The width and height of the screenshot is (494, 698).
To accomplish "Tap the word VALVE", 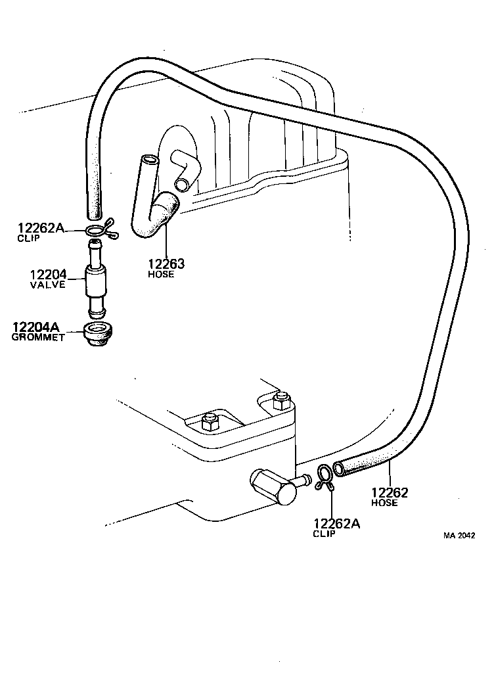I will (x=47, y=285).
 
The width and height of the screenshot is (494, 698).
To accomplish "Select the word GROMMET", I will (x=37, y=337).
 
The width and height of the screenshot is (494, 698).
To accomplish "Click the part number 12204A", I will (x=39, y=327).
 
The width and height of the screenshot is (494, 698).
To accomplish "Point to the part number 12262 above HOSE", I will (x=390, y=492).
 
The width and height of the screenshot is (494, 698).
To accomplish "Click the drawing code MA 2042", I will (x=459, y=535).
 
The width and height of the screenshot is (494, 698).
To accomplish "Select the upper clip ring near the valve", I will (x=97, y=229).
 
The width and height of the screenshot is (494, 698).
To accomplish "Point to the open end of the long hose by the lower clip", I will (x=339, y=469).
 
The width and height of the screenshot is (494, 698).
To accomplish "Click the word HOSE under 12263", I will (x=161, y=274).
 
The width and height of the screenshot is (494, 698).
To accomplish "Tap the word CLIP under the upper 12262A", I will (x=29, y=239).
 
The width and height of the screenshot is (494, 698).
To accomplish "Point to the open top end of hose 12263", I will (x=149, y=160).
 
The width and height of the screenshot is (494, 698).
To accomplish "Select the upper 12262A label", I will (x=41, y=228).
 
